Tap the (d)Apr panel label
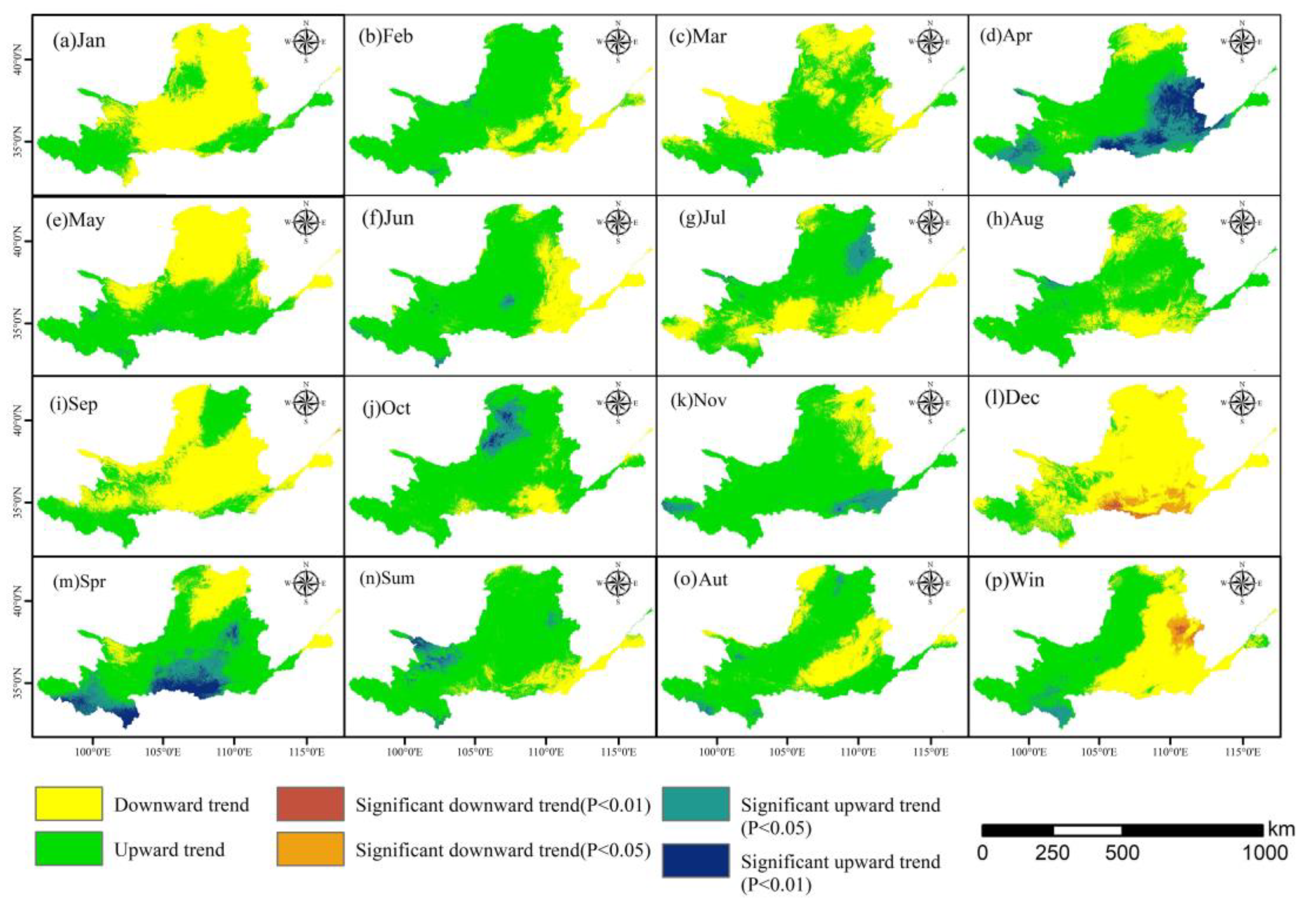point(1006,36)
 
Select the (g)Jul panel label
point(702,218)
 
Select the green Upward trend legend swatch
point(69,848)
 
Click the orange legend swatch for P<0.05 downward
point(310,848)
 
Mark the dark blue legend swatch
point(696,860)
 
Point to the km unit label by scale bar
point(1281,829)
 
